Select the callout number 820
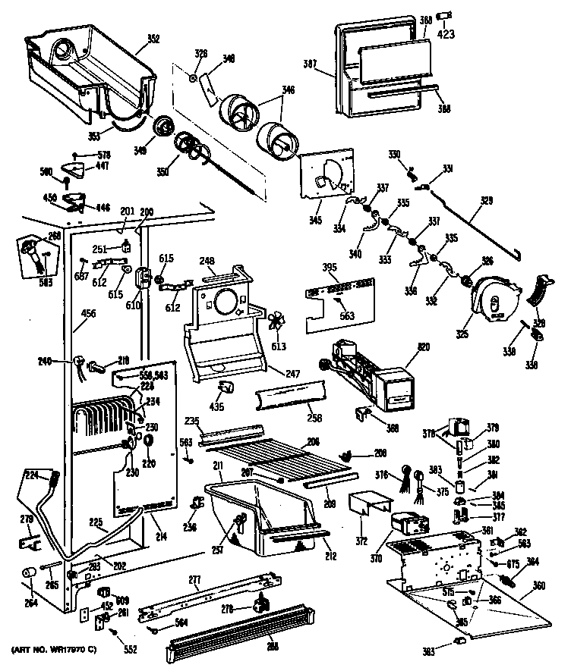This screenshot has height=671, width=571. [x=422, y=347]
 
